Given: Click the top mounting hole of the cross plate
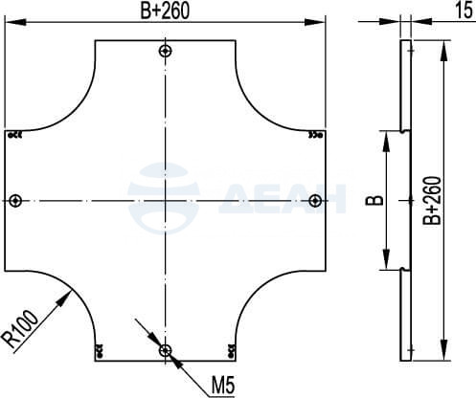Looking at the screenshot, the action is (165, 51).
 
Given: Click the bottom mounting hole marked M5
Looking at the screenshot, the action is (165, 351).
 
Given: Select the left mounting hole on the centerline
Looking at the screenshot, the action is (15, 201).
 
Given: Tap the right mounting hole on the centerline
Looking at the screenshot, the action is (315, 201).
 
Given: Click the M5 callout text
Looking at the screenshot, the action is (223, 386).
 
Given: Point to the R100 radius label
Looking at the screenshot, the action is (21, 330).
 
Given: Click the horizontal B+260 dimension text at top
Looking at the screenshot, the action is (165, 11).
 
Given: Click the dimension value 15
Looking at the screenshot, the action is (464, 11).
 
